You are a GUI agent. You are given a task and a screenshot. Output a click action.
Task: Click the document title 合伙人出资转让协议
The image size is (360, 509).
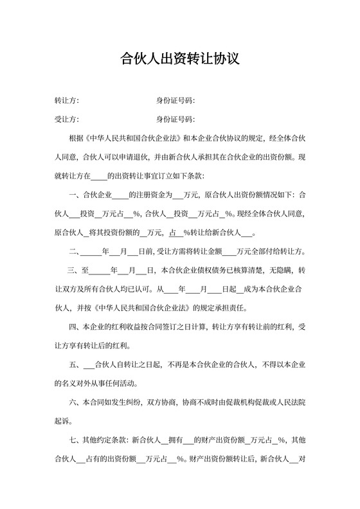coord(180,60)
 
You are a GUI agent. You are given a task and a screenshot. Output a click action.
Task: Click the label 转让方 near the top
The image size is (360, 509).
coord(66,101)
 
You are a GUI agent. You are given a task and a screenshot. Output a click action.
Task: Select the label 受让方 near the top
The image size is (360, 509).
coord(66,120)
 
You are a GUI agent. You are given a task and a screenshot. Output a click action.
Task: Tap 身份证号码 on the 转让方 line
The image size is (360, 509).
coord(175,101)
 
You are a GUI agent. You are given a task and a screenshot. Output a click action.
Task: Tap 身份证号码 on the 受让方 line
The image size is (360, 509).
coord(175,120)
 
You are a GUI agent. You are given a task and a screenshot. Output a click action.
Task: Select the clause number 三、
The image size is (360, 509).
coord(74,269)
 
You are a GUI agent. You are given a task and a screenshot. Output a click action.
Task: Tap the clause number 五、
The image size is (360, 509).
coord(74,364)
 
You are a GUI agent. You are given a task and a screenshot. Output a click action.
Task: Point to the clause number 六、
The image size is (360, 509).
coord(74,402)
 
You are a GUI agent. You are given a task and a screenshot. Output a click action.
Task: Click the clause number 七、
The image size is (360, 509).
coord(74,440)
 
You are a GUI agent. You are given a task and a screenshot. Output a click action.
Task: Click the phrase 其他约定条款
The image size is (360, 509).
coord(105,440)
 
